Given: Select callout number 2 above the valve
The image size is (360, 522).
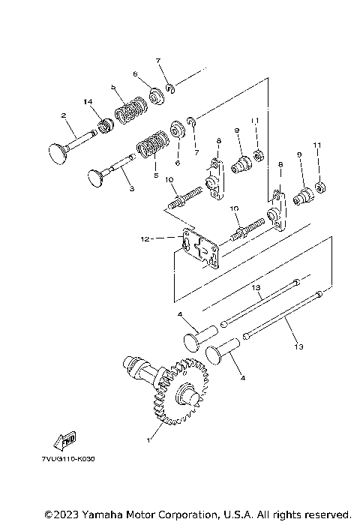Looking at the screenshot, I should pyautogui.click(x=65, y=115).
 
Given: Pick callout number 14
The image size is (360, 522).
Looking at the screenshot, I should pyautogui.click(x=88, y=101).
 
